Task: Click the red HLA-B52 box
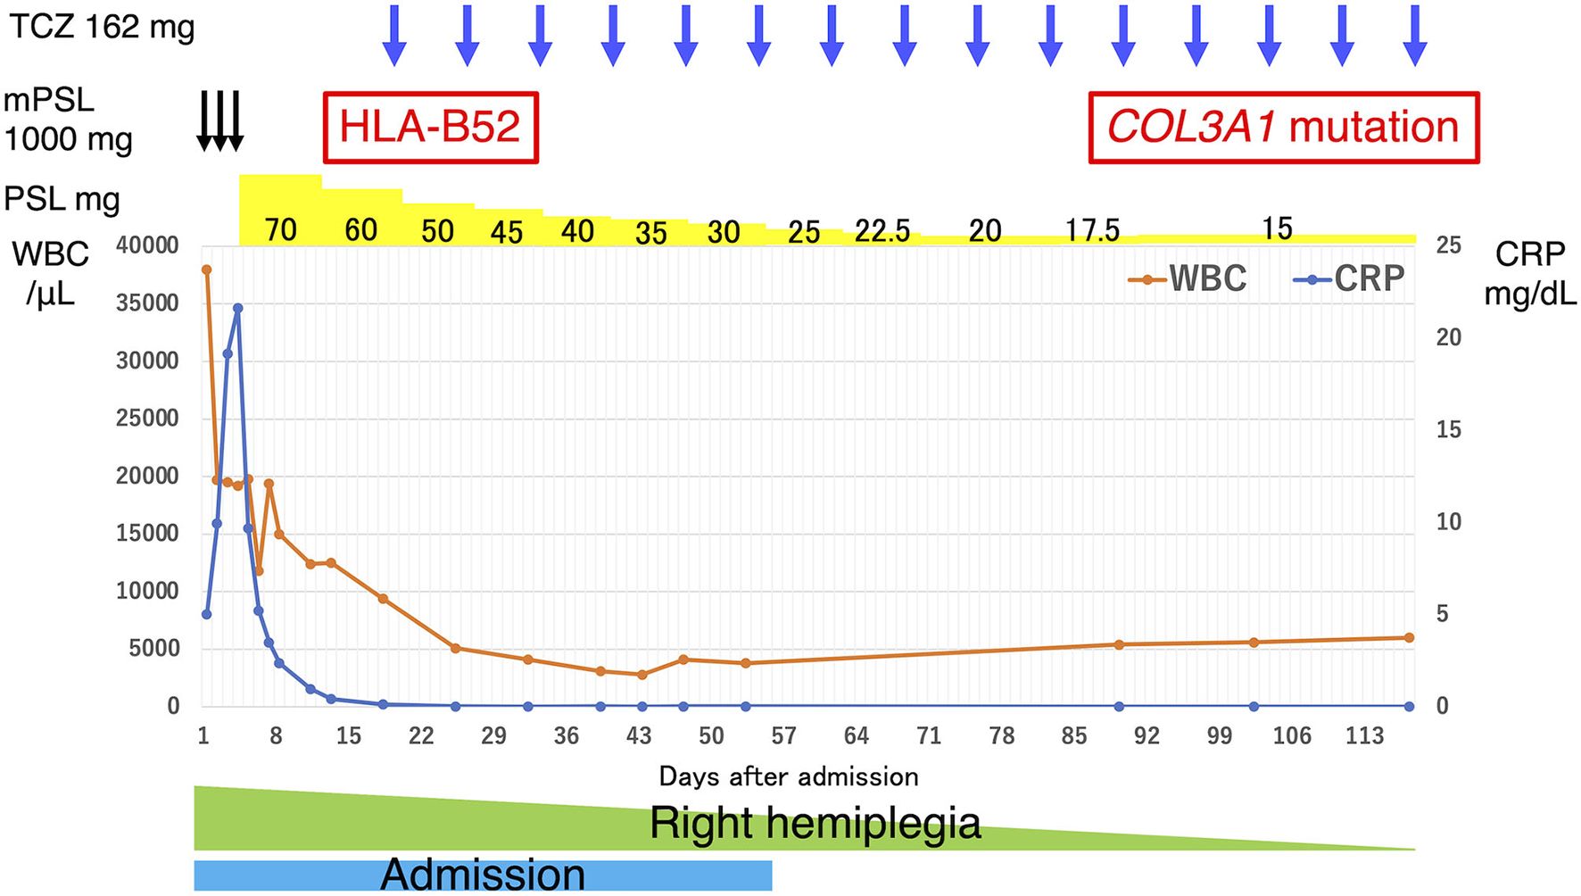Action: (430, 128)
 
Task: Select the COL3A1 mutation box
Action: (1283, 128)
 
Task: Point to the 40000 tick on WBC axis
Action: (147, 245)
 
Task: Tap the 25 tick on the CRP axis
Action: (1448, 245)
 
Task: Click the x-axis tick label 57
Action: (783, 736)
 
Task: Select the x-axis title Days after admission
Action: (789, 776)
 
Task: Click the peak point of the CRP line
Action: (237, 308)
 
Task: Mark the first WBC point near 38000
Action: (206, 270)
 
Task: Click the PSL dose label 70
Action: (280, 230)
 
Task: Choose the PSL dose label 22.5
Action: (882, 231)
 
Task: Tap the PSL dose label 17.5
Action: (1092, 231)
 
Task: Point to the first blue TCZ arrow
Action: (394, 36)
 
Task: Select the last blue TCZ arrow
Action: (1415, 36)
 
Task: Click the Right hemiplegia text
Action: (814, 822)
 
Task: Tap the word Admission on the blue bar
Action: (483, 875)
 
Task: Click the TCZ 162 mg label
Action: (102, 28)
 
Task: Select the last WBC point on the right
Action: (1410, 637)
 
